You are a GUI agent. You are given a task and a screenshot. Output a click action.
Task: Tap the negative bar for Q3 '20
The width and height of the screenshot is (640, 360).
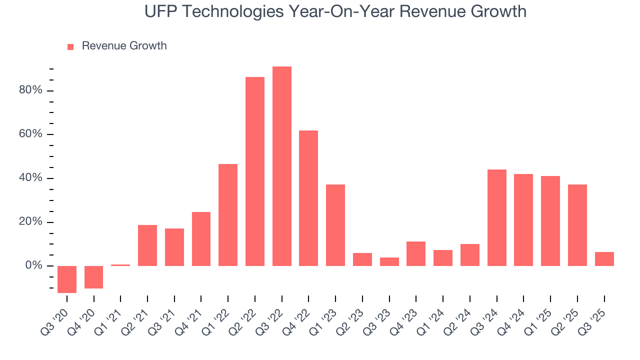pyautogui.click(x=67, y=279)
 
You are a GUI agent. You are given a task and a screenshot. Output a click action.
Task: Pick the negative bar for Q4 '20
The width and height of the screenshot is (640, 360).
pyautogui.click(x=94, y=277)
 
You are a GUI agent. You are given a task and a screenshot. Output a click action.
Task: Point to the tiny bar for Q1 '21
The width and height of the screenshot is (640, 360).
pyautogui.click(x=120, y=265)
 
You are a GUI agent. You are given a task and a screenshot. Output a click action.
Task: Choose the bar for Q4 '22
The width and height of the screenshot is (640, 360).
pyautogui.click(x=308, y=198)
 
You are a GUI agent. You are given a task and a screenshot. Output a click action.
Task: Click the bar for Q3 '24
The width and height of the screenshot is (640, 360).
pyautogui.click(x=497, y=217)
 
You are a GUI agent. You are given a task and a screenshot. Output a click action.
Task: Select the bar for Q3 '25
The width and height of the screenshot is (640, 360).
pyautogui.click(x=604, y=258)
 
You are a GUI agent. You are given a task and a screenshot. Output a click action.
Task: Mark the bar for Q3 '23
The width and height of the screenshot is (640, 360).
pyautogui.click(x=389, y=261)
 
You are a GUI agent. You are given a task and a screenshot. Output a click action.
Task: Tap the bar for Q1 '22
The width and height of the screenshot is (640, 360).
pyautogui.click(x=228, y=214)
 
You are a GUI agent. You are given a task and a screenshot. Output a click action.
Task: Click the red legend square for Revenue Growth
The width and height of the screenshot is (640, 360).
pyautogui.click(x=70, y=46)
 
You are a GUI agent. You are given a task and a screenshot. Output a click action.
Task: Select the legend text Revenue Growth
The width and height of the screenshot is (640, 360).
pyautogui.click(x=124, y=46)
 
